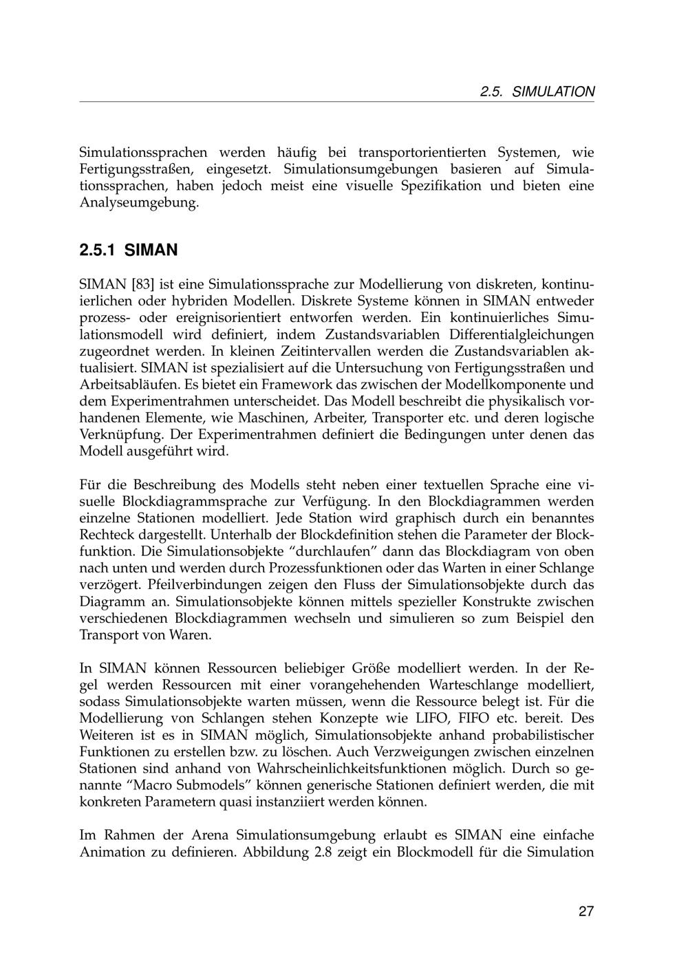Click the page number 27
click(x=585, y=912)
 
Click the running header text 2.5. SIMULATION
click(x=537, y=92)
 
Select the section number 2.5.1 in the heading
click(x=99, y=250)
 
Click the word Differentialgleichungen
click(x=522, y=334)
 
